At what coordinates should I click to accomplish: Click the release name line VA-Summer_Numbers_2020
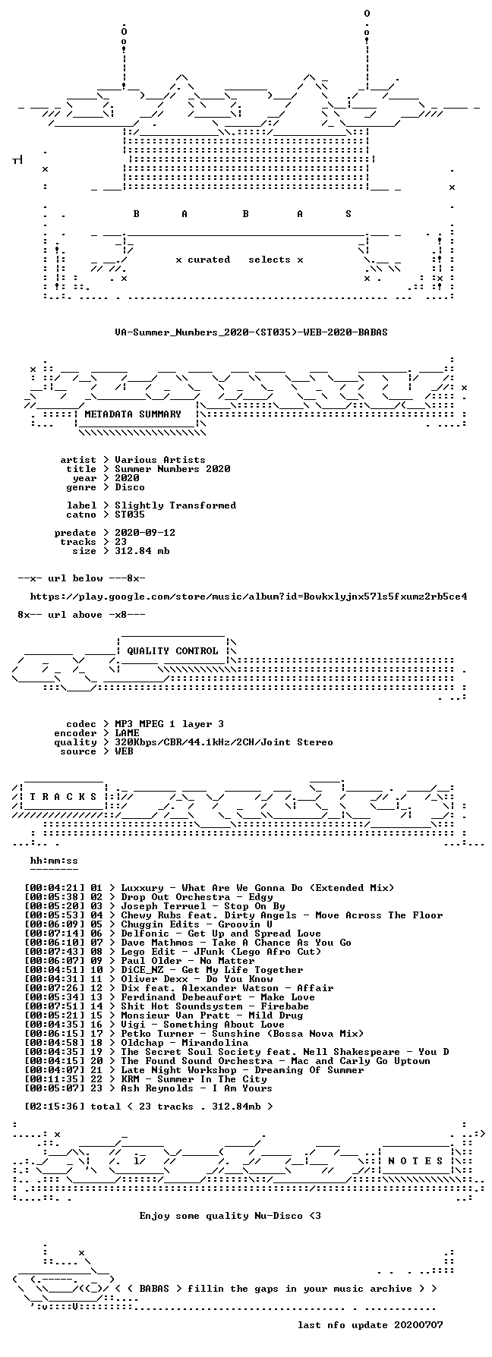251,332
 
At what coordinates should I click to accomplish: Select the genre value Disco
130,487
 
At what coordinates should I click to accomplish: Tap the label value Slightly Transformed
175,505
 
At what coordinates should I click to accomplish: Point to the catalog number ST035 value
130,515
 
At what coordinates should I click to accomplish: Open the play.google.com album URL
248,597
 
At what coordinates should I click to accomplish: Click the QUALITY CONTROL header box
172,651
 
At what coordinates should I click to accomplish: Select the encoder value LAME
127,733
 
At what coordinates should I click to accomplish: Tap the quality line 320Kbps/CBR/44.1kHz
224,742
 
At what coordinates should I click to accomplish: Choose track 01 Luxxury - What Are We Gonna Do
242,888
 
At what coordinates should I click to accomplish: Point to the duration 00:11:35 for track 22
54,1079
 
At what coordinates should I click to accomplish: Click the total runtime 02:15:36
54,1107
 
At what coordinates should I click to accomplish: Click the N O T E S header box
416,1161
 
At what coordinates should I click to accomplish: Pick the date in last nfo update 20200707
418,1325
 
